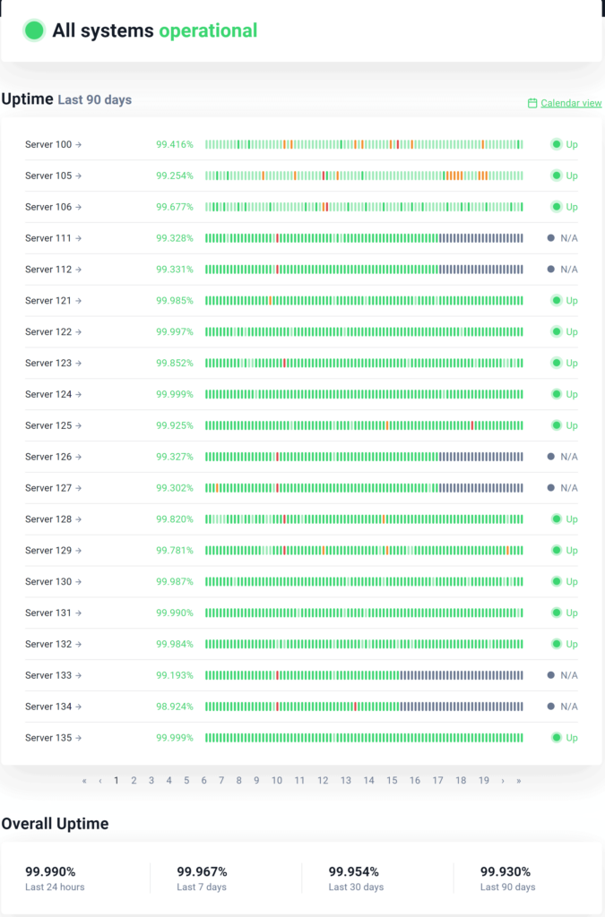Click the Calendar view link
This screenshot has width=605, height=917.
tap(571, 103)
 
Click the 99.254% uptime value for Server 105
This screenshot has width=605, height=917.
tap(174, 176)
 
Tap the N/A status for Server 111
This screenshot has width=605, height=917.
tap(568, 238)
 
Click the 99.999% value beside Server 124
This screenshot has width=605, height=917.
tap(174, 394)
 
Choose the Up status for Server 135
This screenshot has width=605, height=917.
tap(571, 738)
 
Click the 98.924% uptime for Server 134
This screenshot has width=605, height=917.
tap(174, 707)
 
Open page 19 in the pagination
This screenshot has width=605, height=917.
tap(484, 781)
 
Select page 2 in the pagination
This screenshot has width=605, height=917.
tap(134, 781)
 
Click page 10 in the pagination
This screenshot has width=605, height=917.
tap(277, 781)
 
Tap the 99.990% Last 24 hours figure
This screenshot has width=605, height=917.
tap(50, 871)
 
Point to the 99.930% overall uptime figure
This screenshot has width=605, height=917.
tap(506, 871)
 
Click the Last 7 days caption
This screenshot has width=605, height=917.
tap(202, 887)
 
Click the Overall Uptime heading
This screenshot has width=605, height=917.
tap(55, 824)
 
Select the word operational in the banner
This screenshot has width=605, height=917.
tap(208, 30)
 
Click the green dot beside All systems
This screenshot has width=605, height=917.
tap(34, 30)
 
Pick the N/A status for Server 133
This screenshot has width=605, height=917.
tap(568, 675)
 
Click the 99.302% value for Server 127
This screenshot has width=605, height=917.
tap(174, 488)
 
